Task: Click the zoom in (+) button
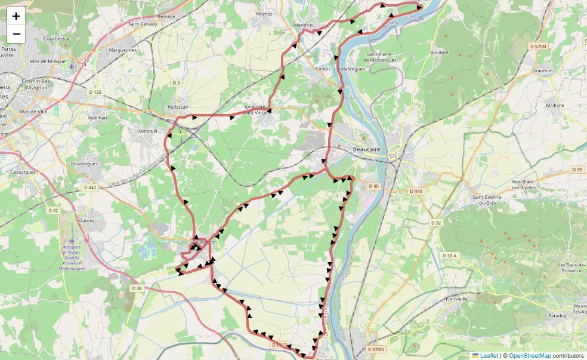tap(16, 16)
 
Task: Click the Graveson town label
tap(542, 70)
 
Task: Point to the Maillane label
tap(554, 105)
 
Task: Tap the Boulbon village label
tap(439, 53)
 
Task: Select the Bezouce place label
tap(166, 16)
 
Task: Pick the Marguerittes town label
tap(122, 50)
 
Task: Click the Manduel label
tap(147, 131)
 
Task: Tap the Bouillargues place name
tap(84, 162)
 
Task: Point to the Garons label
tap(86, 220)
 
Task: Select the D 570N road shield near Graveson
tap(537, 46)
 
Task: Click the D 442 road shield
tap(89, 187)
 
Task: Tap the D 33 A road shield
tap(449, 256)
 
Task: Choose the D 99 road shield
tap(576, 170)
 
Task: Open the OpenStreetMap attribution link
tap(530, 356)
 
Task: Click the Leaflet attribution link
tap(489, 356)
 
